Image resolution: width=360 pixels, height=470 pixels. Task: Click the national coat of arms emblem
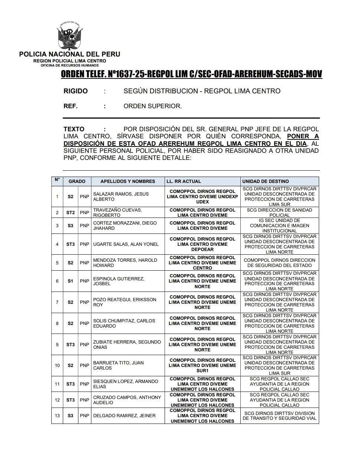[x=69, y=36]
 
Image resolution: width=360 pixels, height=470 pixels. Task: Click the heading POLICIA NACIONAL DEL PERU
[x=69, y=54]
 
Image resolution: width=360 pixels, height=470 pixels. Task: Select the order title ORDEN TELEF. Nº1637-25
[x=191, y=74]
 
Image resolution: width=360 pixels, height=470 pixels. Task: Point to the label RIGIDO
[x=75, y=91]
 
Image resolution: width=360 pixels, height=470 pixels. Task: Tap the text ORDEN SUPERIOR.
[x=152, y=106]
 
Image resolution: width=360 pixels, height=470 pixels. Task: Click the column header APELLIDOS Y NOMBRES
[x=127, y=181]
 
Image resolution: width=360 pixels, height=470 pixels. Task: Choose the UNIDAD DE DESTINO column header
[x=265, y=181]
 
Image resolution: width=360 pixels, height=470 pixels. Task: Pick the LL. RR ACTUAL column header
[x=184, y=181]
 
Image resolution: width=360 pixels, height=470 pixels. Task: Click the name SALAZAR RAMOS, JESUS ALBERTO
[x=121, y=197]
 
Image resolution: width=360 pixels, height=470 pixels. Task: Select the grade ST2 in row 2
[x=71, y=213]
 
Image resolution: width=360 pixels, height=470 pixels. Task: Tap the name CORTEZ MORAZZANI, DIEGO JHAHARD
[x=125, y=226]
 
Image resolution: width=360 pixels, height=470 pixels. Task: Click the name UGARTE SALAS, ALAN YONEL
[x=126, y=244]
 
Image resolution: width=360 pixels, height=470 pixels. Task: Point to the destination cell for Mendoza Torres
[x=279, y=263]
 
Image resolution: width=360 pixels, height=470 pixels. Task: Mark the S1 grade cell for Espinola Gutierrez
[x=71, y=281]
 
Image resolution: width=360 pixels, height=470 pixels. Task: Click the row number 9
[x=57, y=345]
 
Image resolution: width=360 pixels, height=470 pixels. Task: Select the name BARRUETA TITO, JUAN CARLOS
[x=118, y=366]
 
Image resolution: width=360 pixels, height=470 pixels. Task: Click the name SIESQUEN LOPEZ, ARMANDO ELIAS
[x=126, y=384]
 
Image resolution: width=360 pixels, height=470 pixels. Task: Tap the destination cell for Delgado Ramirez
[x=279, y=416]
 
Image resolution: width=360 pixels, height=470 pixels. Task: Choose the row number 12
[x=57, y=400]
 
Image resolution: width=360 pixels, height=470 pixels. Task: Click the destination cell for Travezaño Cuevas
[x=279, y=213]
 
